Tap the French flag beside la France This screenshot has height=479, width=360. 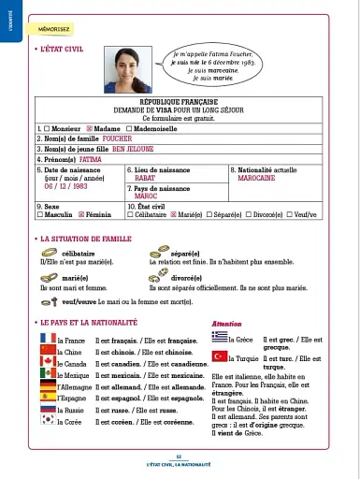tap(49, 340)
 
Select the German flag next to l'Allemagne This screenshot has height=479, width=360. tap(49, 385)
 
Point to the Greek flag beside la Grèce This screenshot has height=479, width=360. tap(222, 338)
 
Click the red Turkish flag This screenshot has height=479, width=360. tap(222, 357)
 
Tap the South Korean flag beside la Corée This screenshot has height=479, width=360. tap(49, 419)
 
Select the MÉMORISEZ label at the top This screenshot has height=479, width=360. tap(53, 29)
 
